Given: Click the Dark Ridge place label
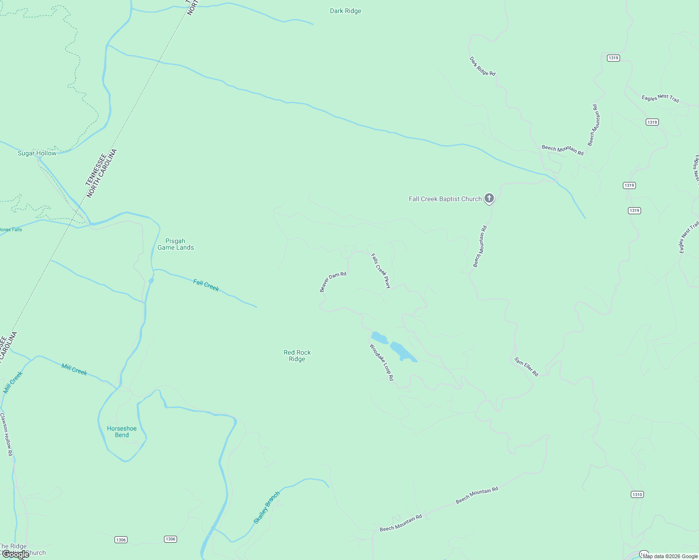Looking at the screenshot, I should (x=345, y=11).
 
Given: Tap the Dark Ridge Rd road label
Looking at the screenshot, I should (x=482, y=67).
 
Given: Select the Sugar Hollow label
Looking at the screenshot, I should (x=37, y=154).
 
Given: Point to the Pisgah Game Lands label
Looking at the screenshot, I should (x=176, y=245).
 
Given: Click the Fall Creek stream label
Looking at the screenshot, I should (x=206, y=285).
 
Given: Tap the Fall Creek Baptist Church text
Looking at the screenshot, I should (x=445, y=199).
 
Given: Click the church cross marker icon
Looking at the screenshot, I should (x=489, y=198).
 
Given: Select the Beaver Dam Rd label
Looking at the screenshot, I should (x=333, y=282).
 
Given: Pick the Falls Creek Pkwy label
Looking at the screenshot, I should (x=380, y=271).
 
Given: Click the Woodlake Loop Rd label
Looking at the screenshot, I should (x=382, y=363).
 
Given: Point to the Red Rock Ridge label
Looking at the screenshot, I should (x=297, y=356).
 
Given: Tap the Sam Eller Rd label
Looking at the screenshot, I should (x=526, y=367).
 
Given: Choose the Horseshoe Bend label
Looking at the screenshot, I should (x=122, y=432).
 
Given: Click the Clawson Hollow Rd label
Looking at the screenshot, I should (x=7, y=434).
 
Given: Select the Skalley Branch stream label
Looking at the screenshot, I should (x=267, y=507).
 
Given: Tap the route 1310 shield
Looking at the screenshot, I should (x=637, y=495).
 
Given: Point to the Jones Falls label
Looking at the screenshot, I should (x=10, y=230).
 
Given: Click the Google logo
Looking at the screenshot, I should (x=15, y=554).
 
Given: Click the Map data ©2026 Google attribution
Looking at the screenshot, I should (x=670, y=556).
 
